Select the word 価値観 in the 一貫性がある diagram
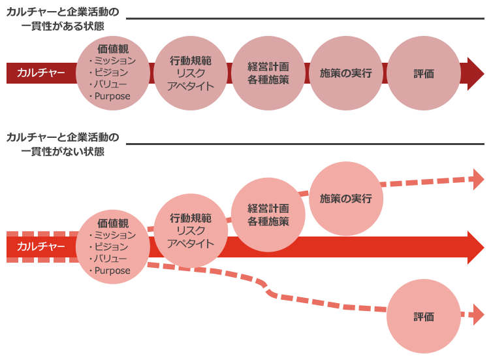pyautogui.click(x=113, y=48)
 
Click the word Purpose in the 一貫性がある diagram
pyautogui.click(x=112, y=96)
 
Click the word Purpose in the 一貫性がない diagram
pyautogui.click(x=112, y=270)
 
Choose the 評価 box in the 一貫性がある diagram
pyautogui.click(x=424, y=74)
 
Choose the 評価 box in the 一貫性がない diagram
pyautogui.click(x=424, y=317)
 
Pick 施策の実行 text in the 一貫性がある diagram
pyautogui.click(x=346, y=73)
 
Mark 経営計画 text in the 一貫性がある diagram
pyautogui.click(x=268, y=67)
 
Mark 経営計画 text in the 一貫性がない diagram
pyautogui.click(x=268, y=209)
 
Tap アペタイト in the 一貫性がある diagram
pyautogui.click(x=191, y=86)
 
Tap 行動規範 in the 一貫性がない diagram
pyautogui.click(x=191, y=218)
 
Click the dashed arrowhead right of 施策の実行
pyautogui.click(x=477, y=178)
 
